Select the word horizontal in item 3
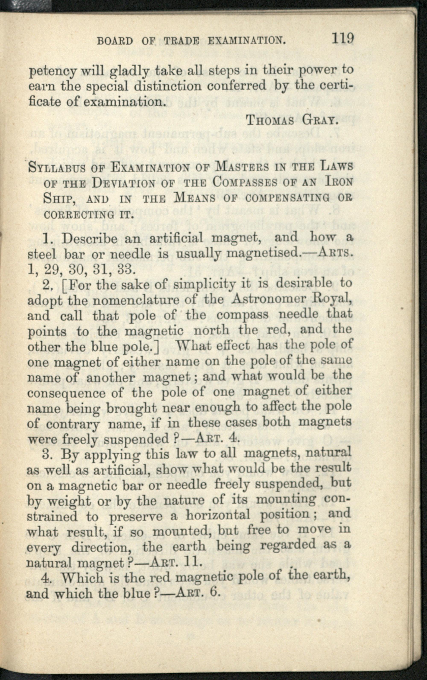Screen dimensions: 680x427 pyautogui.click(x=218, y=515)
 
